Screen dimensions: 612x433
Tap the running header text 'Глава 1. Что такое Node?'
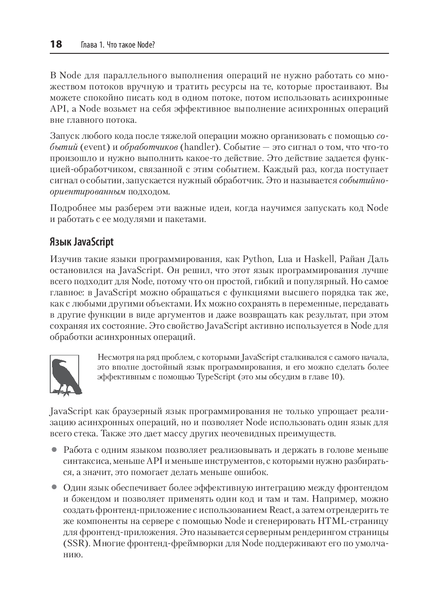pyautogui.click(x=118, y=45)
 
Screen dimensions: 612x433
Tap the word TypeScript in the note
pyautogui.click(x=216, y=377)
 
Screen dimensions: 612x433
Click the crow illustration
pyautogui.click(x=64, y=374)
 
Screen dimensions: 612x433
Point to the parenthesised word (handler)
pyautogui.click(x=200, y=147)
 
